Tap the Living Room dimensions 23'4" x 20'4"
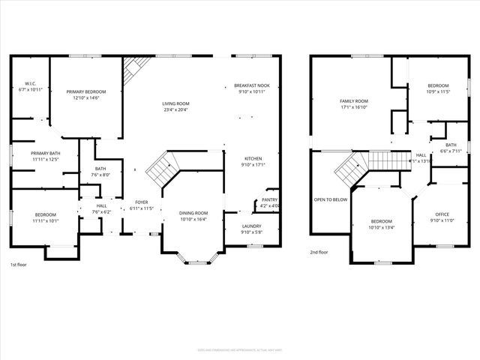click(x=176, y=109)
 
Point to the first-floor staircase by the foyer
click(x=161, y=169)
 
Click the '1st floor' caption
click(x=19, y=265)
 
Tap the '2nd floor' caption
click(x=319, y=252)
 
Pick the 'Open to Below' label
click(x=330, y=199)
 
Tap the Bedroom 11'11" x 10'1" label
click(x=44, y=217)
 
